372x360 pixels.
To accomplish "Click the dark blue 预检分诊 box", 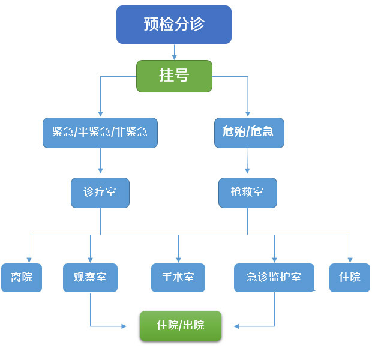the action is coord(174,25).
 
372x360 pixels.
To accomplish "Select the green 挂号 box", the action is coord(174,76).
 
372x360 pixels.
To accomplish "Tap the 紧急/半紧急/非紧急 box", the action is coord(100,133).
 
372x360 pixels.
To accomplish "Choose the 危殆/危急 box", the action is coord(249,133).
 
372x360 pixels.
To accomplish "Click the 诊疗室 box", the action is coord(100,193).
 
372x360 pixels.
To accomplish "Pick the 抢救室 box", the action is coord(248,193).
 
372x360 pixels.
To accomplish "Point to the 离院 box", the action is coord(22,278).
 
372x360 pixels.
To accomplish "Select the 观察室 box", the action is coord(90,278).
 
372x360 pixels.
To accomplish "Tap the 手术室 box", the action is coord(178,278).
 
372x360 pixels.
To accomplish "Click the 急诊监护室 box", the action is coord(274,278).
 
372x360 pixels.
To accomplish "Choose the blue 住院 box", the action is coord(350,278).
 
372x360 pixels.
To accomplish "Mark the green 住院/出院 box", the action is coord(181,326).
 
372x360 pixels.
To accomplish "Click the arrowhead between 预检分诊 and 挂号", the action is coord(175,57).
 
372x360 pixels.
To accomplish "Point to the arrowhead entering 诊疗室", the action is coord(100,170).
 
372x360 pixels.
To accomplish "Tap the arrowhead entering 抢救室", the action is coord(247,170).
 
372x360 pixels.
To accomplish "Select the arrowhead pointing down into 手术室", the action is coord(178,260).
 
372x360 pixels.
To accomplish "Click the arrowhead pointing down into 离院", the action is coord(29,260).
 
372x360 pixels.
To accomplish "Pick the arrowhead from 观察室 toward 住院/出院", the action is coord(124,326).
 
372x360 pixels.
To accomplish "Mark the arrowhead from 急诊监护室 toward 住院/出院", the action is coord(236,326).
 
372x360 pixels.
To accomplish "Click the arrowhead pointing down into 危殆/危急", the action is coord(248,113).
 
